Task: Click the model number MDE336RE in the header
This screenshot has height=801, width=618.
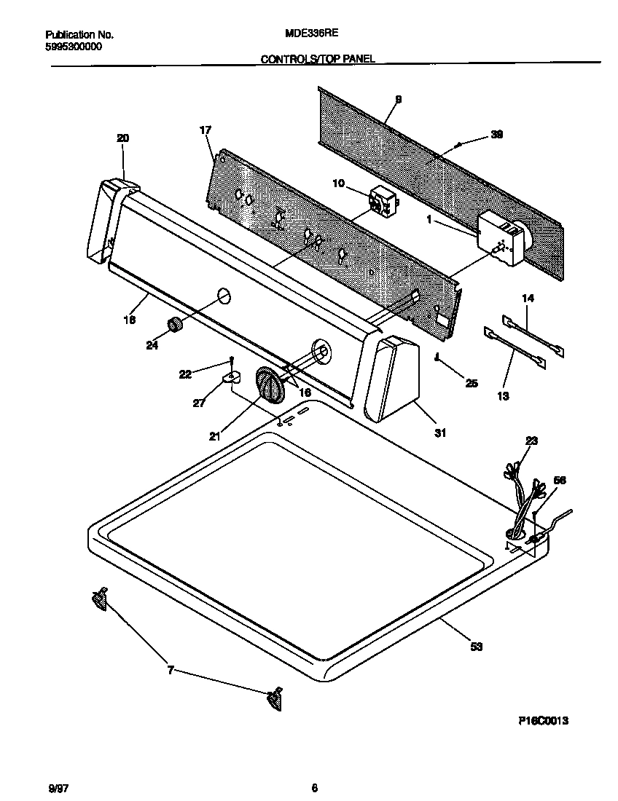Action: pyautogui.click(x=309, y=33)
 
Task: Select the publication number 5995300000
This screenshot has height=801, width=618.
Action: pyautogui.click(x=74, y=46)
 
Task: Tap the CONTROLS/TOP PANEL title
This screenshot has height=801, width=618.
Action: pyautogui.click(x=318, y=59)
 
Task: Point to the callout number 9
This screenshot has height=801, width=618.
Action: pyautogui.click(x=398, y=100)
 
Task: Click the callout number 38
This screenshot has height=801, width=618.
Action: pyautogui.click(x=497, y=134)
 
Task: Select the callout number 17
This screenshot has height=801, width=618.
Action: pyautogui.click(x=205, y=130)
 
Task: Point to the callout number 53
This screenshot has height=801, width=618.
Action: pyautogui.click(x=476, y=646)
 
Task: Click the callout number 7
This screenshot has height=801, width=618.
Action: pyautogui.click(x=171, y=671)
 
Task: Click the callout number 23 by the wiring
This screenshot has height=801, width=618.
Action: pyautogui.click(x=531, y=440)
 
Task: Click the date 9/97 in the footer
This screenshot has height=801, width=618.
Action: pyautogui.click(x=55, y=787)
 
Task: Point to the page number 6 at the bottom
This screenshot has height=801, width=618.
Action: pyautogui.click(x=314, y=787)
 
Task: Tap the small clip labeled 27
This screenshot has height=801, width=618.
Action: pyautogui.click(x=232, y=376)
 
